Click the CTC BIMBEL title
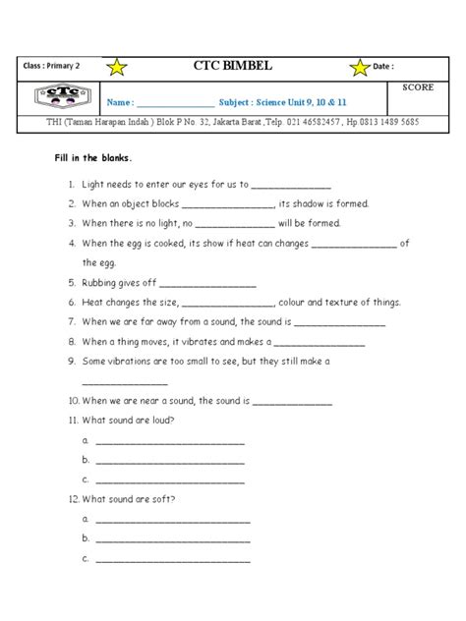(x=233, y=67)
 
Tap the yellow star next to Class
(x=117, y=67)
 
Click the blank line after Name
(x=175, y=104)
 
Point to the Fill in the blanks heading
(x=96, y=159)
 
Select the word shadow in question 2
(x=311, y=203)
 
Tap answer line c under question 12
(x=172, y=559)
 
